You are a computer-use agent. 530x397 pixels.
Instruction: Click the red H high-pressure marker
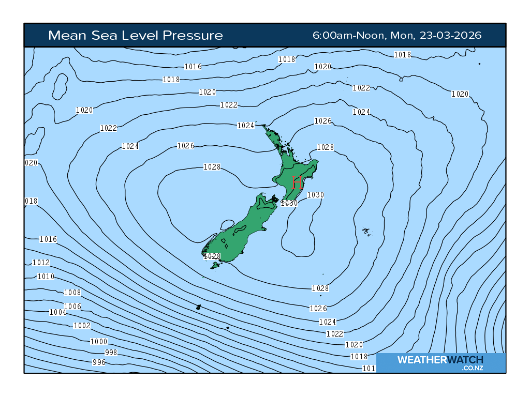click(x=297, y=182)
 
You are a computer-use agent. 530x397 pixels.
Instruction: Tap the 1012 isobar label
click(x=41, y=263)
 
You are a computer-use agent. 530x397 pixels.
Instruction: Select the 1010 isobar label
click(x=46, y=277)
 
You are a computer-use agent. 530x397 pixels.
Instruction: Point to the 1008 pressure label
click(x=72, y=293)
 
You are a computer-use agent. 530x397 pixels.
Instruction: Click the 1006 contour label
click(x=72, y=307)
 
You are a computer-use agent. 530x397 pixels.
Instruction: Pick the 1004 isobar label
click(x=57, y=312)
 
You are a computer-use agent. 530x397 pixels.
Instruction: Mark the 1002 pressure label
click(x=82, y=326)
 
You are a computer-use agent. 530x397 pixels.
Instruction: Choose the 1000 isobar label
click(x=99, y=342)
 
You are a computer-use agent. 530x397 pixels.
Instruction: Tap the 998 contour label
click(x=111, y=353)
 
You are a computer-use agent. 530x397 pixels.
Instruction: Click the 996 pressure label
click(x=98, y=362)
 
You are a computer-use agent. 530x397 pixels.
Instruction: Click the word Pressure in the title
click(x=193, y=35)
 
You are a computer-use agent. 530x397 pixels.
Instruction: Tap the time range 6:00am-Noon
click(x=348, y=35)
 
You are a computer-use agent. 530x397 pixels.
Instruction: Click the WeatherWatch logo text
click(x=440, y=360)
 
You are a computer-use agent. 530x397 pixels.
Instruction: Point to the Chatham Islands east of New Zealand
click(x=366, y=231)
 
